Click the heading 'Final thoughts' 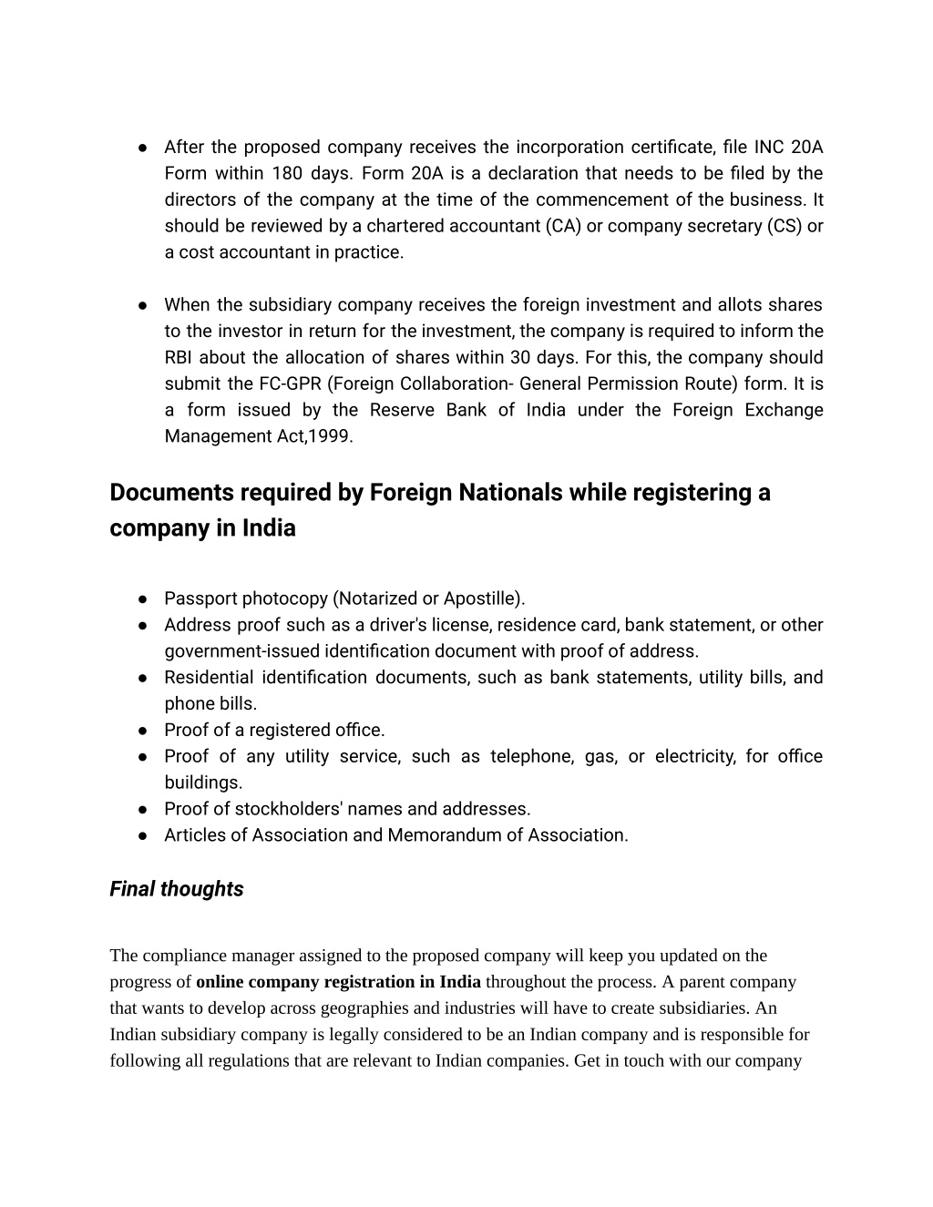coord(176,889)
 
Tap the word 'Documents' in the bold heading coord(170,493)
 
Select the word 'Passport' coord(200,598)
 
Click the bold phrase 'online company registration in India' coord(338,982)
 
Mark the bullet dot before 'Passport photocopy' coord(144,599)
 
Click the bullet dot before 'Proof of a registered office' coord(144,731)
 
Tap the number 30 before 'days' coord(520,357)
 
